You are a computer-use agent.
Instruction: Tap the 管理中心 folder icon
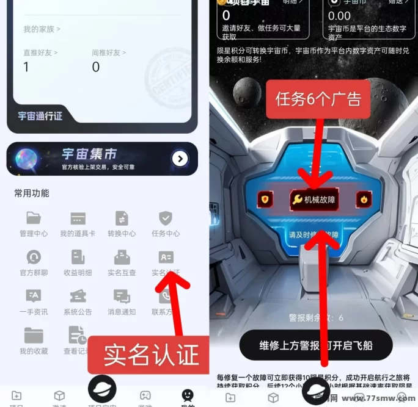click(x=34, y=218)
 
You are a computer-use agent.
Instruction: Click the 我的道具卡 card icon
click(x=78, y=218)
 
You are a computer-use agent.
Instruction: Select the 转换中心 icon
click(x=122, y=218)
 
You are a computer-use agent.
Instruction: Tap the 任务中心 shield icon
click(x=166, y=218)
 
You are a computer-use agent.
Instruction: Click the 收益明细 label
click(x=78, y=273)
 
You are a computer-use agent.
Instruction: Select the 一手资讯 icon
click(x=34, y=297)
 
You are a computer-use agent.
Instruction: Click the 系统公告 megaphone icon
click(x=78, y=297)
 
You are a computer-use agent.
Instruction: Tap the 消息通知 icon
click(x=122, y=297)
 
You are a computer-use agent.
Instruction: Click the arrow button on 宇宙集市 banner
click(x=180, y=159)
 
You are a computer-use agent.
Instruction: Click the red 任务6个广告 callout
click(x=318, y=99)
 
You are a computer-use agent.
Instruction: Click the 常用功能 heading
click(x=32, y=193)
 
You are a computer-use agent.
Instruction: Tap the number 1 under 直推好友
click(x=26, y=67)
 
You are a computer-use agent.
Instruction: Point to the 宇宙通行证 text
click(x=40, y=116)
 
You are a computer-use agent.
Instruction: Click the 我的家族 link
click(x=42, y=29)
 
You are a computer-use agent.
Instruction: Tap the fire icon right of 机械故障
click(x=364, y=199)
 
